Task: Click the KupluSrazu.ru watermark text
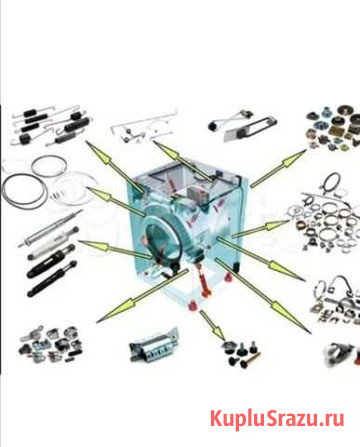click(x=277, y=419)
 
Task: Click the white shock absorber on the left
click(x=53, y=242)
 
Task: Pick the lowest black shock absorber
click(x=52, y=278)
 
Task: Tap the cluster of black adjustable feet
click(x=240, y=353)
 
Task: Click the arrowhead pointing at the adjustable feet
click(x=217, y=331)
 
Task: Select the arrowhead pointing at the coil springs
click(x=98, y=152)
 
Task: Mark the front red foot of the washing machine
click(x=192, y=306)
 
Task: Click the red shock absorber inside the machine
click(x=204, y=280)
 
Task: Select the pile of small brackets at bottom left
click(x=51, y=344)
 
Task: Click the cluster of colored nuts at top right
click(x=333, y=128)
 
